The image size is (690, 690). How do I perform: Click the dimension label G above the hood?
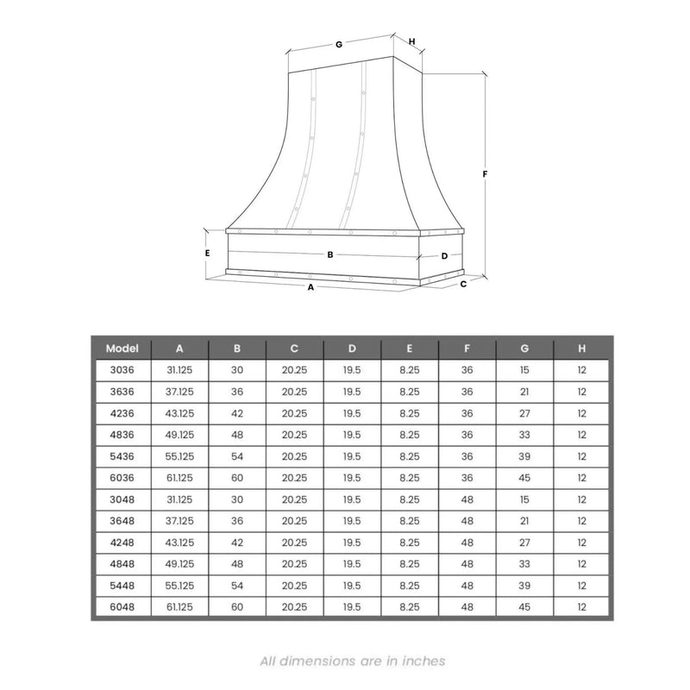(339, 44)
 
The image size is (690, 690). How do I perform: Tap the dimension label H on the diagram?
(412, 41)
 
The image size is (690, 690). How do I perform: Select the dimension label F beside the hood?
(486, 173)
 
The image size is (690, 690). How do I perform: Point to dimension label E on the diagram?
(208, 254)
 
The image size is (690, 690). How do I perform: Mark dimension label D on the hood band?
(444, 256)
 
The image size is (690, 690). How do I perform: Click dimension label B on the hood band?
(330, 254)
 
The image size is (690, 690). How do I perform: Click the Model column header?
(122, 348)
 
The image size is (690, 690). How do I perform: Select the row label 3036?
(122, 370)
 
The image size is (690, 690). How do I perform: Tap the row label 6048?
(122, 607)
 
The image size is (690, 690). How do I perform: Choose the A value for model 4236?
(179, 413)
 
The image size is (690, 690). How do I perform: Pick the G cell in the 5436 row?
(524, 456)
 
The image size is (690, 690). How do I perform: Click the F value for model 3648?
(467, 521)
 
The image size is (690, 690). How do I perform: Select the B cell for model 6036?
(236, 478)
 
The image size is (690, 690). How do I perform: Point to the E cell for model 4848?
(409, 564)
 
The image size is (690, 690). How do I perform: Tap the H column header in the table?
(582, 348)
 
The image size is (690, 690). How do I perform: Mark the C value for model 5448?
(294, 586)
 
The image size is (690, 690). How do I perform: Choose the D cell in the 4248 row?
(352, 543)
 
